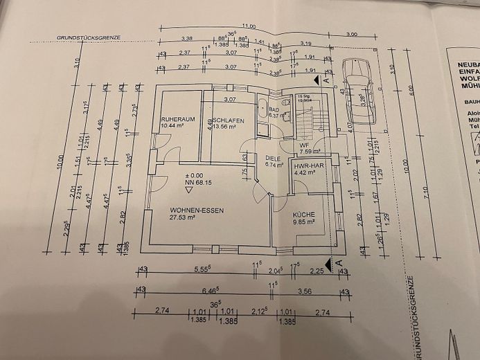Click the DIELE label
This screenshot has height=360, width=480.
click(x=274, y=159)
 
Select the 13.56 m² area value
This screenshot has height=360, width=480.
click(x=226, y=127)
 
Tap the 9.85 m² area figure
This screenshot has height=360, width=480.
click(x=303, y=222)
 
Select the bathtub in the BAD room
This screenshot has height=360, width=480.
click(x=262, y=109)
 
